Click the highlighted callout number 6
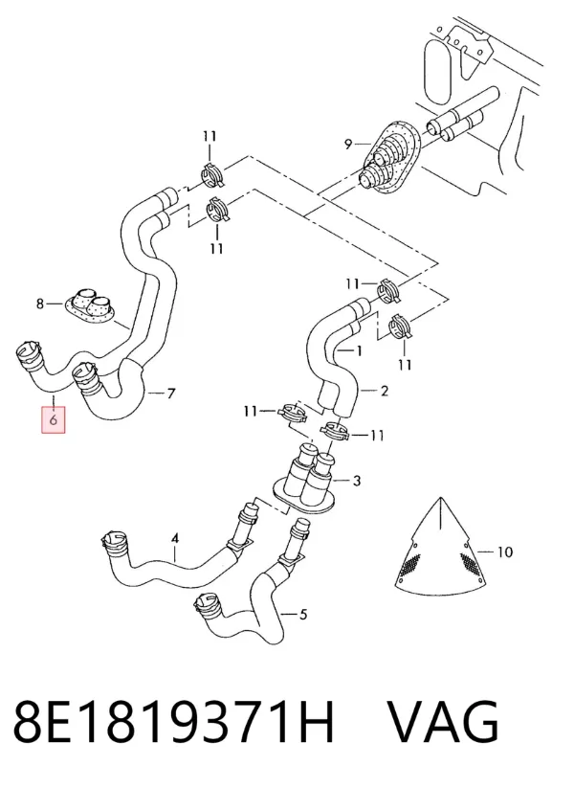[54, 419]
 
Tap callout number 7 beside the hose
[170, 393]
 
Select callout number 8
[40, 304]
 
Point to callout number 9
[348, 145]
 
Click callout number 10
[505, 552]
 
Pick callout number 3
[357, 481]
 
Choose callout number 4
[175, 539]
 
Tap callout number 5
[303, 614]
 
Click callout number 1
[359, 350]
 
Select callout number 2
[385, 391]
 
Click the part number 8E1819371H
[173, 723]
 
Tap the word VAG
[444, 723]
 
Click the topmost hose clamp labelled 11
[213, 175]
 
